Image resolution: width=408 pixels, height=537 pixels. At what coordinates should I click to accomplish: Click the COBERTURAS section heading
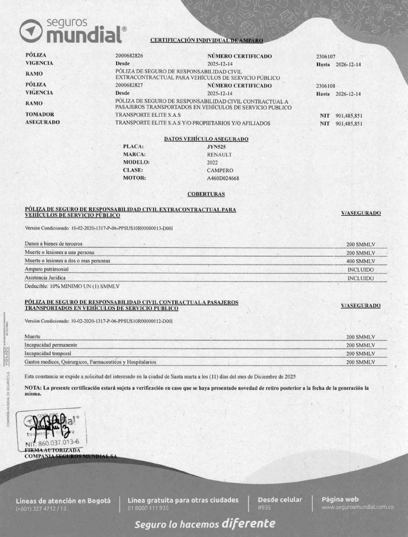point(206,194)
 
